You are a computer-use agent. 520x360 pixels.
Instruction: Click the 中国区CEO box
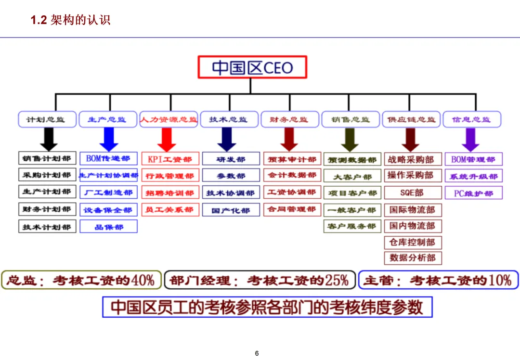point(252,67)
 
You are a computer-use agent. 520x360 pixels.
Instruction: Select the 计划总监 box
point(48,119)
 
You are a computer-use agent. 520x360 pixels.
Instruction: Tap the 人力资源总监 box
point(169,119)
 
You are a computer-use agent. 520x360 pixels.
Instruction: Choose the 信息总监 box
point(472,119)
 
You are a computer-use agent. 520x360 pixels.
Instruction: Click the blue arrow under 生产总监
point(109,140)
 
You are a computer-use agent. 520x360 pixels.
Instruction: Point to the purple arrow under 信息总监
point(470,140)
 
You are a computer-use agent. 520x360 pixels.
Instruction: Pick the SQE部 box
point(412,193)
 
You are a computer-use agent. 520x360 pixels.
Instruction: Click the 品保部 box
point(109,227)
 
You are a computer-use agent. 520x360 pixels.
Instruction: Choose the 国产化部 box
point(231,210)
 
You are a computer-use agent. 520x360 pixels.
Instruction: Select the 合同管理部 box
point(292,209)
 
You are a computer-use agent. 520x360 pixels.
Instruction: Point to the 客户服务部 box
point(352,226)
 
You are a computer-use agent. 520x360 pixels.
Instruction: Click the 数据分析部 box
point(413,258)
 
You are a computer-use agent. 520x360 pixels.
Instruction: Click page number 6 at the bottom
point(257,354)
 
